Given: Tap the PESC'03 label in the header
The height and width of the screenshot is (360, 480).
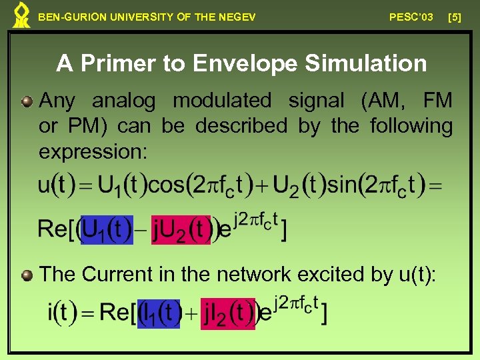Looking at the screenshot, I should point(411,17).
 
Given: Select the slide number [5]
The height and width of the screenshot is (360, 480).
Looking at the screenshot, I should point(455,17).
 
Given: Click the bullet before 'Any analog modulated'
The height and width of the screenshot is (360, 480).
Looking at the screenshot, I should point(27,101).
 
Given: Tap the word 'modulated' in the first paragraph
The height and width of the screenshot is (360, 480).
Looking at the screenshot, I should point(221,101).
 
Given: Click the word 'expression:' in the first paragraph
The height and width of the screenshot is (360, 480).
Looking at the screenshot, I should point(93,152).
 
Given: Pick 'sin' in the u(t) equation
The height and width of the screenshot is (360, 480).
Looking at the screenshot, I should point(343,185).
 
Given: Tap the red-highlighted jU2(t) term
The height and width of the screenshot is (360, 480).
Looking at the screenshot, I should point(181,230).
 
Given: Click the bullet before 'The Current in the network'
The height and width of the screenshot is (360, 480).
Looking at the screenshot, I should point(27,275).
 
